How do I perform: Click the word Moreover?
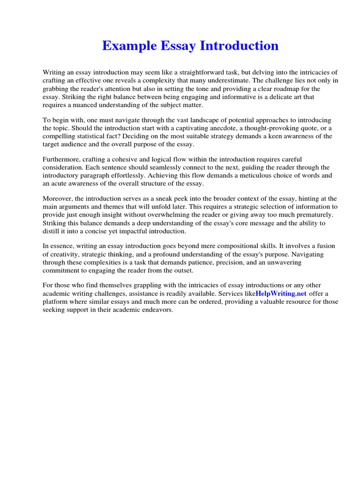(x=57, y=199)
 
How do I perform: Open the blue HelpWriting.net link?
(x=281, y=294)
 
